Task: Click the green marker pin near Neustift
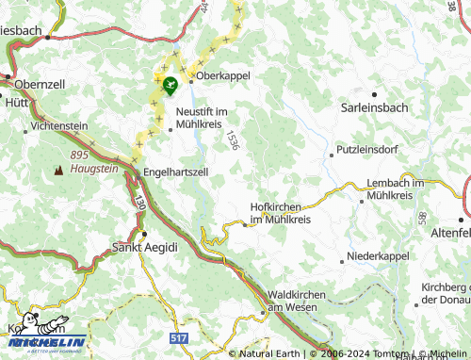click(170, 87)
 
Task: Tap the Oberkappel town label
click(223, 76)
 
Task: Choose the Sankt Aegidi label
click(143, 248)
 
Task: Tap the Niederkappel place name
click(380, 255)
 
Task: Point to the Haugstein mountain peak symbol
click(59, 171)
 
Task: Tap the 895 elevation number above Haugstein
click(78, 155)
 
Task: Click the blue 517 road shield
click(178, 336)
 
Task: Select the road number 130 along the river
click(138, 203)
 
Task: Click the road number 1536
click(231, 140)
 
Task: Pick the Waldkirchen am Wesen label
click(297, 301)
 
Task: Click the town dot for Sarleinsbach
click(375, 95)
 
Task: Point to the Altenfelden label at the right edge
click(449, 232)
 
